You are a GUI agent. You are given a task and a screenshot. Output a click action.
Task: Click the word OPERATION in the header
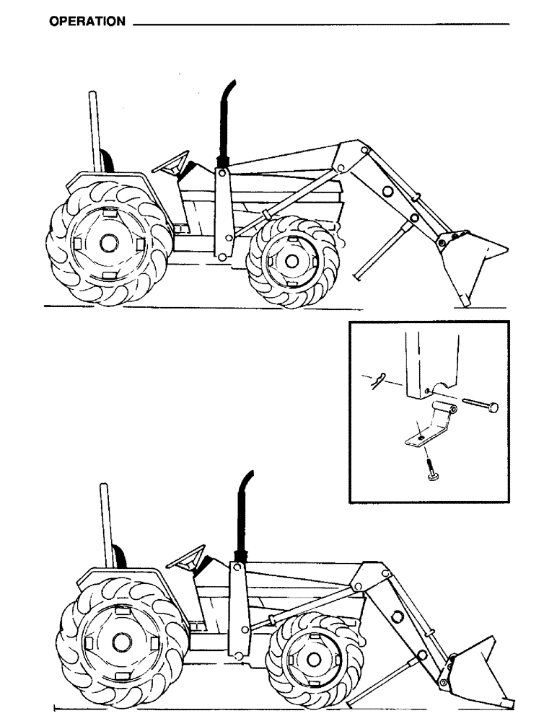pyautogui.click(x=87, y=22)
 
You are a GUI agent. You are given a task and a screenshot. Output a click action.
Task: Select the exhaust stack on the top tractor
pyautogui.click(x=225, y=123)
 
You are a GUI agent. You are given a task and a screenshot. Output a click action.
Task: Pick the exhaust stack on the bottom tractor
pyautogui.click(x=243, y=519)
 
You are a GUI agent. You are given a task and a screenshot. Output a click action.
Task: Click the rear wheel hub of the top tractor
pyautogui.click(x=108, y=244)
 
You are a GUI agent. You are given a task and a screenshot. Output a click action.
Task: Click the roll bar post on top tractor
pyautogui.click(x=93, y=130)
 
